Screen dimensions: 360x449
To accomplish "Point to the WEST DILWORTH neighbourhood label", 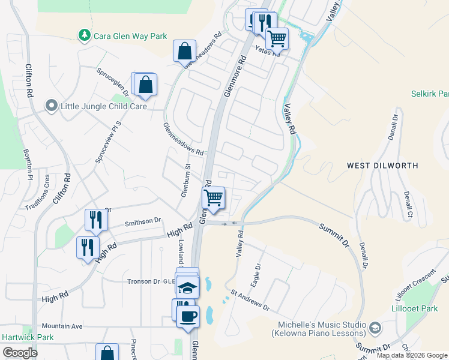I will point(382,165).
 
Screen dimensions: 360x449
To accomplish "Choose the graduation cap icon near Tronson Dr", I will point(188,287).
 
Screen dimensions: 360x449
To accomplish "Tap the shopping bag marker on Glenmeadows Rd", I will point(185,51).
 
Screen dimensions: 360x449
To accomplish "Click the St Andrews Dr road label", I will point(250,301).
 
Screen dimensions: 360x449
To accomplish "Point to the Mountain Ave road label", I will point(62,326).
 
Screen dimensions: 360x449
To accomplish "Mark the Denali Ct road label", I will point(408,205).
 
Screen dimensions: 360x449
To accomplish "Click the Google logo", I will point(20,353).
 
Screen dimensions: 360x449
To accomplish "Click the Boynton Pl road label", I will point(26,165).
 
